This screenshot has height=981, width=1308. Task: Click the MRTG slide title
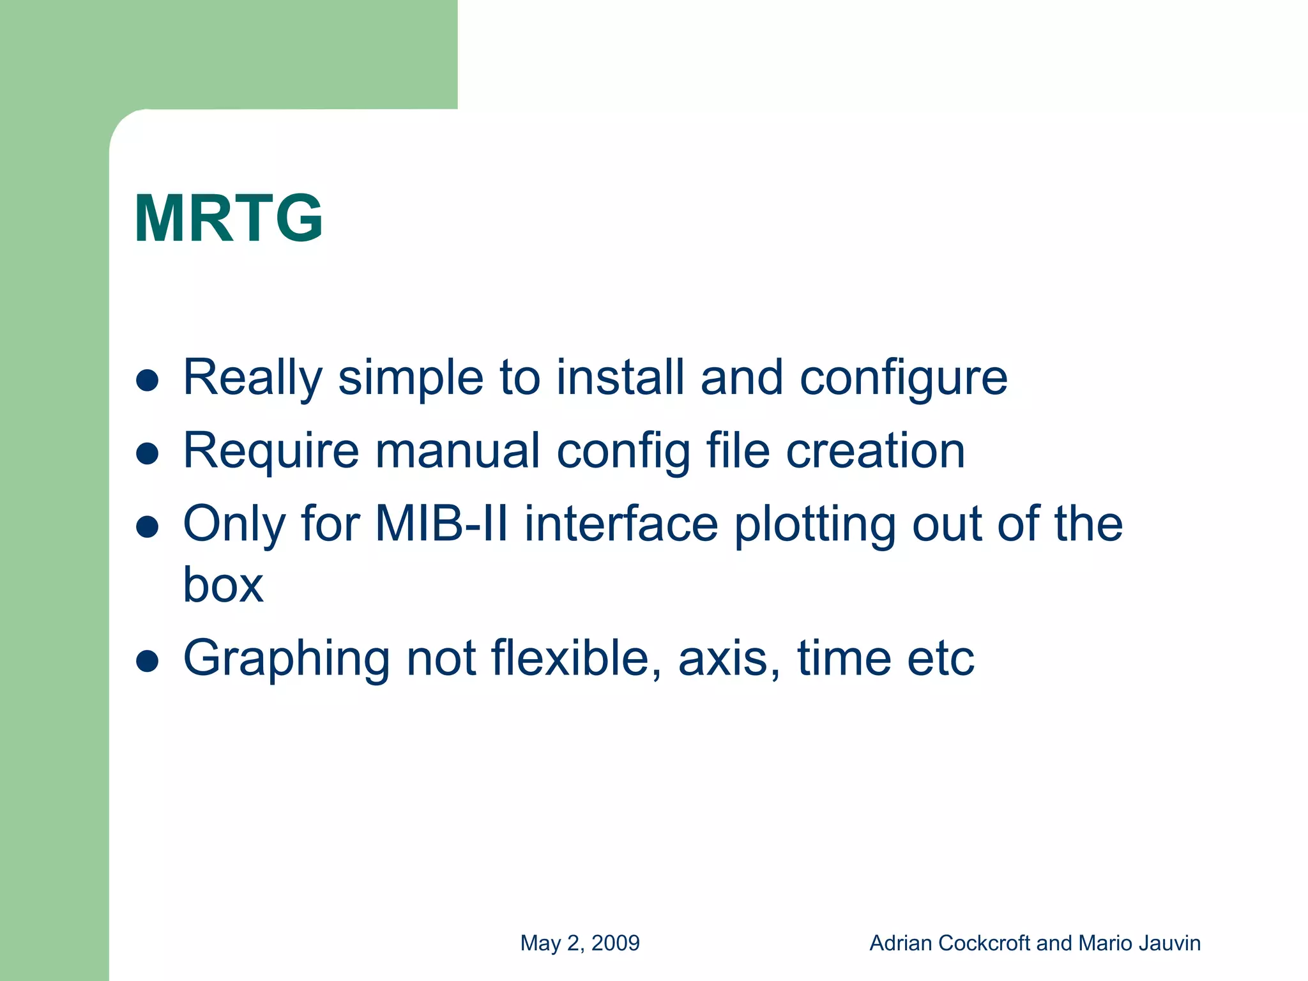coord(228,219)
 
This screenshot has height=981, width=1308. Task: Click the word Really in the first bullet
coord(252,378)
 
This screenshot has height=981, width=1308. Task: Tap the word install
coord(620,377)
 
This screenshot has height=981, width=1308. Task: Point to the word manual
coord(458,451)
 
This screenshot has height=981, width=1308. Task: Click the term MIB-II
coord(441,524)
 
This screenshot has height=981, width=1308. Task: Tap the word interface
coord(621,524)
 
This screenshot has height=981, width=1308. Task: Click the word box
coord(223,584)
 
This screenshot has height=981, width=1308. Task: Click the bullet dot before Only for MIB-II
coord(148,528)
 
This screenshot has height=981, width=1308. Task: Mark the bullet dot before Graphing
coord(148,662)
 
